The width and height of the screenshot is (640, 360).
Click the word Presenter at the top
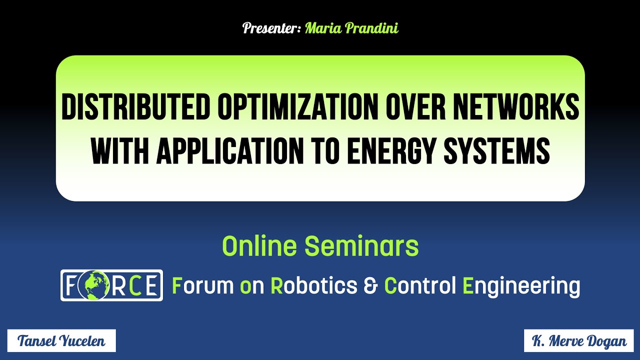coord(270,28)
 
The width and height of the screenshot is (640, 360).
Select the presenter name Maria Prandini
coord(351,28)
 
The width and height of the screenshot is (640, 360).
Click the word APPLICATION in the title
coord(229,150)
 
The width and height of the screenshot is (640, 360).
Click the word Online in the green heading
coord(259,246)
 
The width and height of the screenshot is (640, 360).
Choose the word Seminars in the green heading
coord(361,246)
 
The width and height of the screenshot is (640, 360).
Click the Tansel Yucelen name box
coord(61,341)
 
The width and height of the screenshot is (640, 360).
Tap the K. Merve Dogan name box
coord(578,341)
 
